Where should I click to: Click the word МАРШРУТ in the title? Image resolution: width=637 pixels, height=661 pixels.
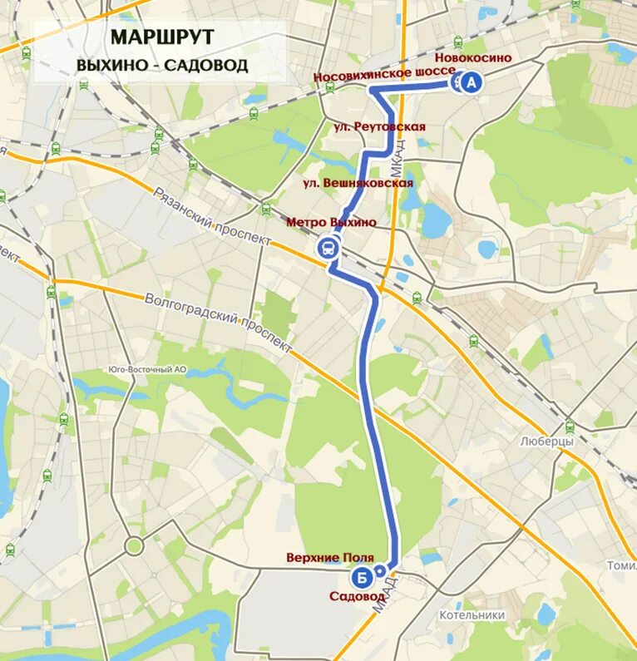click(x=161, y=37)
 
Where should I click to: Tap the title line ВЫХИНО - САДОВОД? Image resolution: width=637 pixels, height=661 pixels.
click(x=161, y=65)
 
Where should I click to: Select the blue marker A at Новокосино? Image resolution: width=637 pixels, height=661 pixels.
click(x=471, y=82)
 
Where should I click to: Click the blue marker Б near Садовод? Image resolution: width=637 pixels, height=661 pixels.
click(x=361, y=576)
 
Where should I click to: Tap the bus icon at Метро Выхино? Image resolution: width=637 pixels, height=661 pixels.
click(x=328, y=248)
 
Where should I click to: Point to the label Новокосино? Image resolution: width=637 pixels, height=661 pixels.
click(x=473, y=57)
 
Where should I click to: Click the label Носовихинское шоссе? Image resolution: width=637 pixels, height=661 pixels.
click(x=384, y=75)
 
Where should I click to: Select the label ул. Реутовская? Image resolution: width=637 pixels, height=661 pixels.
click(x=379, y=126)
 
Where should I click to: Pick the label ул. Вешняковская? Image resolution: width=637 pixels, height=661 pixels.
click(x=358, y=183)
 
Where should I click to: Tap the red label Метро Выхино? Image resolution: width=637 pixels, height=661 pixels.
click(x=331, y=222)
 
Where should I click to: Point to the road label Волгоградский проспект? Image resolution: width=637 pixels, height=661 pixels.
click(x=218, y=322)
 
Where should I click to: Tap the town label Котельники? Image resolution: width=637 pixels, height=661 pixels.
click(x=472, y=615)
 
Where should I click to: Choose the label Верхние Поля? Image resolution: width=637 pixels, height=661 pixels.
click(x=329, y=557)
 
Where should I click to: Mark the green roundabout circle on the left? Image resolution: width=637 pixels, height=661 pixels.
click(x=134, y=546)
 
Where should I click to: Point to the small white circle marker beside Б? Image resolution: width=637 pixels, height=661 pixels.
click(x=380, y=571)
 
